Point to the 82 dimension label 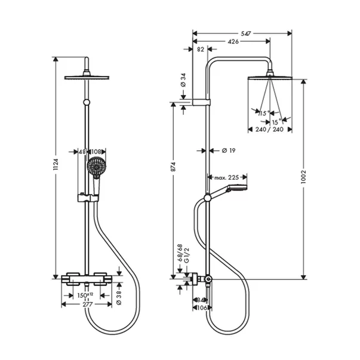click(x=200, y=50)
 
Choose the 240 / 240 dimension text click(x=269, y=130)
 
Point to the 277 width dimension click(x=88, y=304)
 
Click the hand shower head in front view click(x=96, y=167)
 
